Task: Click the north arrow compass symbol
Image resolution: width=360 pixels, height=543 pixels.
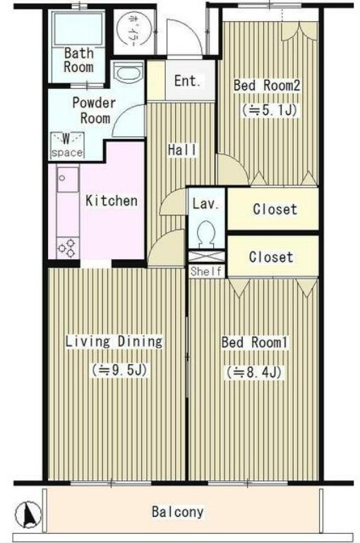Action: (28, 513)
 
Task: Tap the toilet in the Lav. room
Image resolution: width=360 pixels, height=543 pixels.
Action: (207, 234)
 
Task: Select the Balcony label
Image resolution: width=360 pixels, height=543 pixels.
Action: (178, 512)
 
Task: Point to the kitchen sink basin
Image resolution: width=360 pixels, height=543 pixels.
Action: (68, 179)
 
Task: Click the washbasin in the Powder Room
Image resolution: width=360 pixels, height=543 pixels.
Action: (128, 73)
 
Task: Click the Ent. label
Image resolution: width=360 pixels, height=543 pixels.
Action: (187, 81)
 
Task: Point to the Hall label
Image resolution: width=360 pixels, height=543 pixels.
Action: (182, 150)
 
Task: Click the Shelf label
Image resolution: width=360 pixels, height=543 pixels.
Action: (206, 271)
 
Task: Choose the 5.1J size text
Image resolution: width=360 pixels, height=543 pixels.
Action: (270, 110)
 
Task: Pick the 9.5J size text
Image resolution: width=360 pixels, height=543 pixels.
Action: (120, 370)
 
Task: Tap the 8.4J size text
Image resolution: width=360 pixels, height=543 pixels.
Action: (254, 373)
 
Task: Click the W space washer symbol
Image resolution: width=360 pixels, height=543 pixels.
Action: (67, 145)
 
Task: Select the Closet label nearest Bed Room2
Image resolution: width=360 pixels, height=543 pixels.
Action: (275, 209)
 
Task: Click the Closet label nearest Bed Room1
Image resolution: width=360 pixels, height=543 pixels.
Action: (271, 257)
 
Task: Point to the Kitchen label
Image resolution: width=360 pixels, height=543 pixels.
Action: (112, 201)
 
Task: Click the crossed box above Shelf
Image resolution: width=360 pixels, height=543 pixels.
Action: (207, 257)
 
